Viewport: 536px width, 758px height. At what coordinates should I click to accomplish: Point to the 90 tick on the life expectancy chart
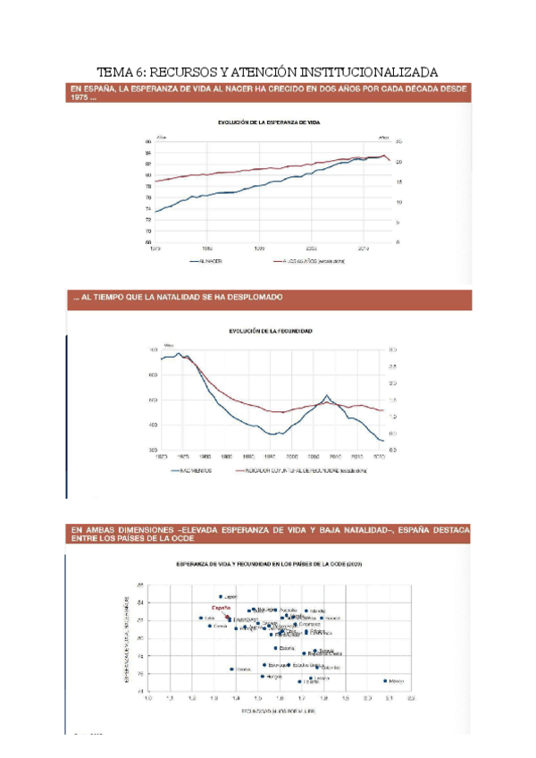(x=148, y=142)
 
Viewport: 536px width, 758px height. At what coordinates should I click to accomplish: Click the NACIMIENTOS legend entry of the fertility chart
(x=189, y=468)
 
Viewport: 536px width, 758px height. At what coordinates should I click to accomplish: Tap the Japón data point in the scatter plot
(x=221, y=596)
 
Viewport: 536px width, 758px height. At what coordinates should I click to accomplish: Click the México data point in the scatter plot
(x=385, y=680)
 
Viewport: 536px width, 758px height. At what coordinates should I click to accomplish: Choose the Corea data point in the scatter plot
(x=210, y=626)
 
